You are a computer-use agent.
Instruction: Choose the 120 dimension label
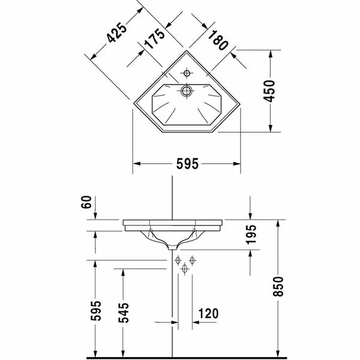[208, 314]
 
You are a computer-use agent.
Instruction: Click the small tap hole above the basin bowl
[187, 74]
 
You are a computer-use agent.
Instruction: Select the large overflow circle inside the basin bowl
[187, 91]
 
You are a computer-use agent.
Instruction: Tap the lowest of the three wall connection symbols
[185, 269]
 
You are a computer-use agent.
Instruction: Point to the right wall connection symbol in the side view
[193, 260]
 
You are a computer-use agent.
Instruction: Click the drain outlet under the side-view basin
[173, 247]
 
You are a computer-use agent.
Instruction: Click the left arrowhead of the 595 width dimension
[135, 163]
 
